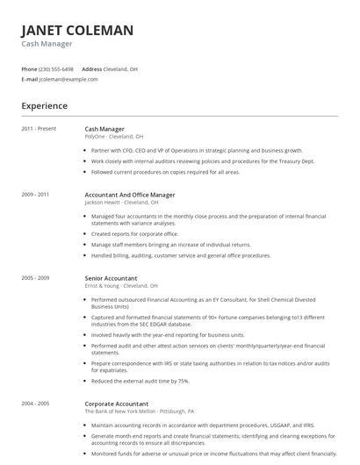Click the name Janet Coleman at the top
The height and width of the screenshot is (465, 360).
(77, 31)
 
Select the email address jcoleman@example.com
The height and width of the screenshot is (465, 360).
(64, 79)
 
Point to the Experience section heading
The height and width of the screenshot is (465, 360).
(44, 106)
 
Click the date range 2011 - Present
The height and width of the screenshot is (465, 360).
(39, 129)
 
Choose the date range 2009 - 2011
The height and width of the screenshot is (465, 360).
(35, 194)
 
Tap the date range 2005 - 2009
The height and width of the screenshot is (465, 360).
(35, 278)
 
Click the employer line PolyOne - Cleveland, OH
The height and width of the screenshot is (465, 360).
(113, 137)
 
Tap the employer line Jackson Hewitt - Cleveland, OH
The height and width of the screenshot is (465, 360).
(122, 202)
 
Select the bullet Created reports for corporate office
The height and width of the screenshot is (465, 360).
(134, 234)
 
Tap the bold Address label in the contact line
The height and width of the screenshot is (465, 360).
(91, 68)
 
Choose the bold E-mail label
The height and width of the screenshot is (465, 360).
(30, 79)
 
